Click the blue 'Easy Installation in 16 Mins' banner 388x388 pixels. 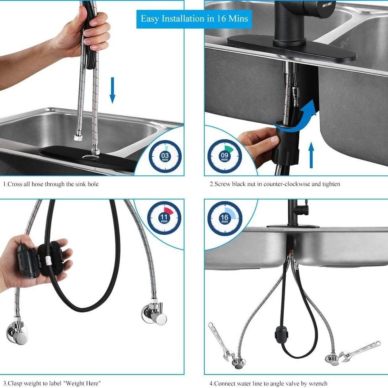coord(194,19)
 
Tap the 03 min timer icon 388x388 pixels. coord(165,156)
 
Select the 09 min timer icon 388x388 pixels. coord(225,156)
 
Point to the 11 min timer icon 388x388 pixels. coord(164,218)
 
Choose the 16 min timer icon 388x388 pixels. coord(225,218)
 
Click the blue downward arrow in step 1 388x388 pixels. coord(112,90)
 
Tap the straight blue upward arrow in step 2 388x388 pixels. coord(311,155)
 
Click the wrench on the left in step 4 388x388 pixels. coord(221,341)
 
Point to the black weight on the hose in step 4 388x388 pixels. coord(282,335)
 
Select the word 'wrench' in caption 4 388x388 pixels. coord(317,384)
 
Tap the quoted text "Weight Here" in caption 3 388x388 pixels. coord(82,383)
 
